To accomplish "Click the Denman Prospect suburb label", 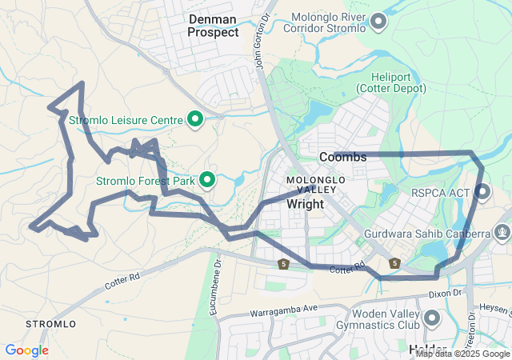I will [213, 25].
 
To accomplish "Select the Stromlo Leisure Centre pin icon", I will [194, 120].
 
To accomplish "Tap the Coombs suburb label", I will [342, 158].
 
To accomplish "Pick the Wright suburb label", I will [305, 204].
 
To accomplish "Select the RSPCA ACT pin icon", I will [482, 190].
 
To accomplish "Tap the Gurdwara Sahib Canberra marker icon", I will [502, 234].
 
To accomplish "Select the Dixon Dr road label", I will [446, 294].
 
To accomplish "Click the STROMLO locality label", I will [51, 324].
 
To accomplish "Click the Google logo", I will [26, 350].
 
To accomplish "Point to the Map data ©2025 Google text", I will [462, 354].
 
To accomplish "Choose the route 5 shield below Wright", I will [283, 263].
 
